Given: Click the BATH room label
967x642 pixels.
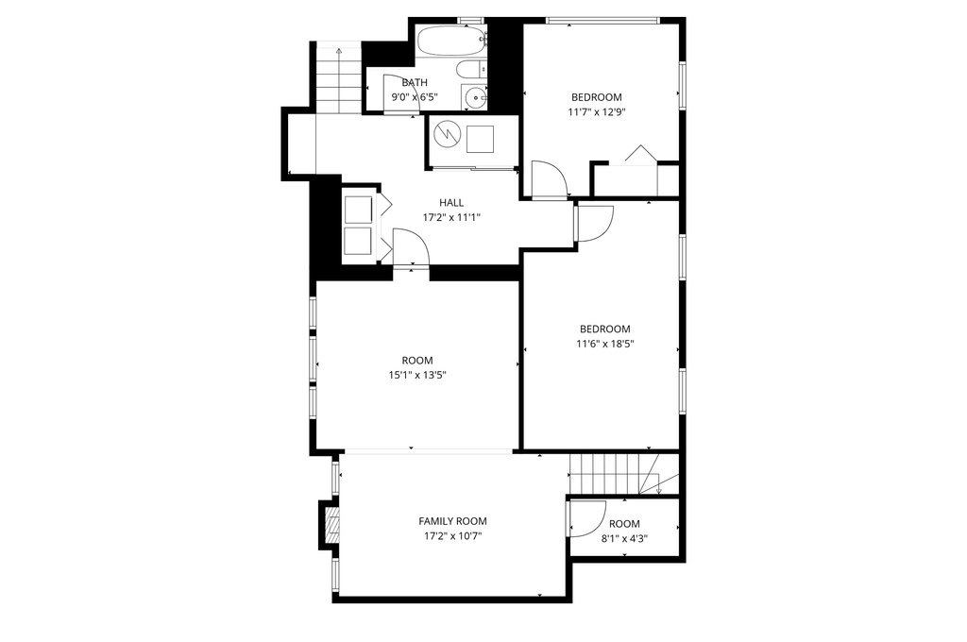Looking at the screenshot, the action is [415, 82].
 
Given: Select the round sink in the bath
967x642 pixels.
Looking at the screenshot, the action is [476, 97].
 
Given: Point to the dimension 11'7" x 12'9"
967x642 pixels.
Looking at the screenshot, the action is [597, 112].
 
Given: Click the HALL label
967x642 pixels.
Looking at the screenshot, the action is [451, 202].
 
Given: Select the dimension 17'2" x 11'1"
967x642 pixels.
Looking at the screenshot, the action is [451, 217].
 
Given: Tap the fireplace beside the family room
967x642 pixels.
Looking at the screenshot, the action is [331, 524].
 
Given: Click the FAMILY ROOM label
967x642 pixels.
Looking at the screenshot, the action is [452, 521].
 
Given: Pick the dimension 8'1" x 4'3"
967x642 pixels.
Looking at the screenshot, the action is [625, 538].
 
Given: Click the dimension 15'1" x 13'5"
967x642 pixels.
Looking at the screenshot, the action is [417, 375].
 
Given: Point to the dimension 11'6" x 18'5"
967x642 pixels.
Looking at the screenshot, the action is [605, 344].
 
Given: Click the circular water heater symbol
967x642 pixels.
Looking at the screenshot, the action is [446, 133].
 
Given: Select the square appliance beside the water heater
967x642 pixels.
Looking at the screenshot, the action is [480, 139].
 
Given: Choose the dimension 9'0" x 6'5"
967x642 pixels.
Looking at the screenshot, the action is [415, 97].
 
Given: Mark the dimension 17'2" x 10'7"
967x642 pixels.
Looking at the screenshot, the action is [452, 536].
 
